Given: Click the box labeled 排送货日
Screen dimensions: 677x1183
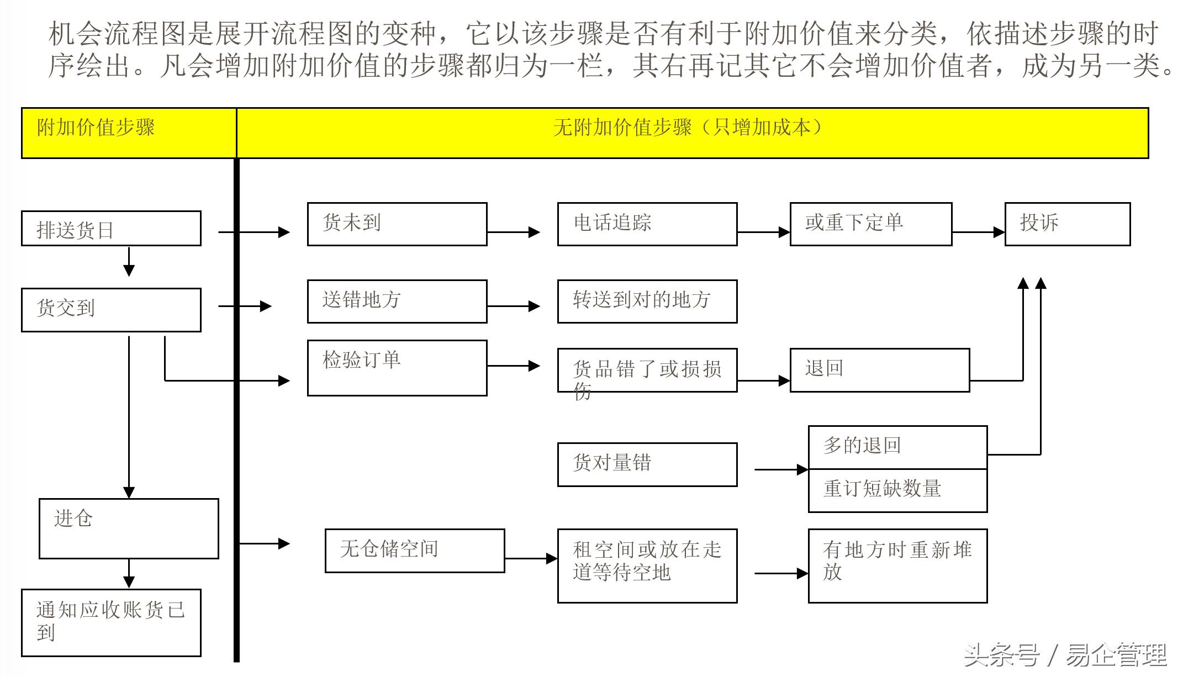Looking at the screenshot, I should [x=111, y=229].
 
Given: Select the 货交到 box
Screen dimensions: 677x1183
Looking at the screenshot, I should [x=111, y=310].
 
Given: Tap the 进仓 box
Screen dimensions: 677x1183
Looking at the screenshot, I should [x=129, y=528].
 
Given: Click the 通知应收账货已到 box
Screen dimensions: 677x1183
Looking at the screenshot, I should [x=111, y=622].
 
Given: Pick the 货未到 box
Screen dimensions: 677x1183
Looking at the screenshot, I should [x=397, y=224].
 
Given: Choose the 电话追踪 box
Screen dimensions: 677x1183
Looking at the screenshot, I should [x=647, y=224].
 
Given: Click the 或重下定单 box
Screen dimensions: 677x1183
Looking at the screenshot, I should [x=871, y=224].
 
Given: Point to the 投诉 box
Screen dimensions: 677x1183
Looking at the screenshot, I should [x=1067, y=224].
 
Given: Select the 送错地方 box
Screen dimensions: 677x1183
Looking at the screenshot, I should [x=397, y=301].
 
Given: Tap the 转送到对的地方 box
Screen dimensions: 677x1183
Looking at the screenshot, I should [x=647, y=301].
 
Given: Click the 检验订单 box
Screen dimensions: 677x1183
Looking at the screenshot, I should [x=397, y=368].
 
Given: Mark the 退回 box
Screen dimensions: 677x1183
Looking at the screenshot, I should [x=880, y=370].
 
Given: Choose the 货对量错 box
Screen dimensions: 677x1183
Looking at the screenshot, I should [x=647, y=464].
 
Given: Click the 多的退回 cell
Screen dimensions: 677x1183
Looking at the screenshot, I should [x=897, y=447].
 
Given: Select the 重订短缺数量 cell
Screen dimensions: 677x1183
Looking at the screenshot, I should [x=897, y=490].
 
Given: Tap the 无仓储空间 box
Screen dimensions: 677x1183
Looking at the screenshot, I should [x=415, y=551].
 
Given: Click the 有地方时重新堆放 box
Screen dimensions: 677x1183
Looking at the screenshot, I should [x=897, y=565].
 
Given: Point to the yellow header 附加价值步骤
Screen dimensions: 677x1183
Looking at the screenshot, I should [x=129, y=133].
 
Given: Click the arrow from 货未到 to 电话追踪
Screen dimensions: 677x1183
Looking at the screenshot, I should [x=514, y=232].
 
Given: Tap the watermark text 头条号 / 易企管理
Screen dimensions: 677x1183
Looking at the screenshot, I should [x=1065, y=655].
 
